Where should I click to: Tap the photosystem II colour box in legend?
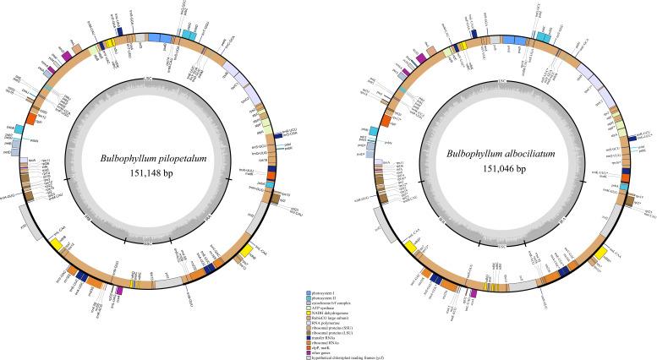[x=309, y=297]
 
